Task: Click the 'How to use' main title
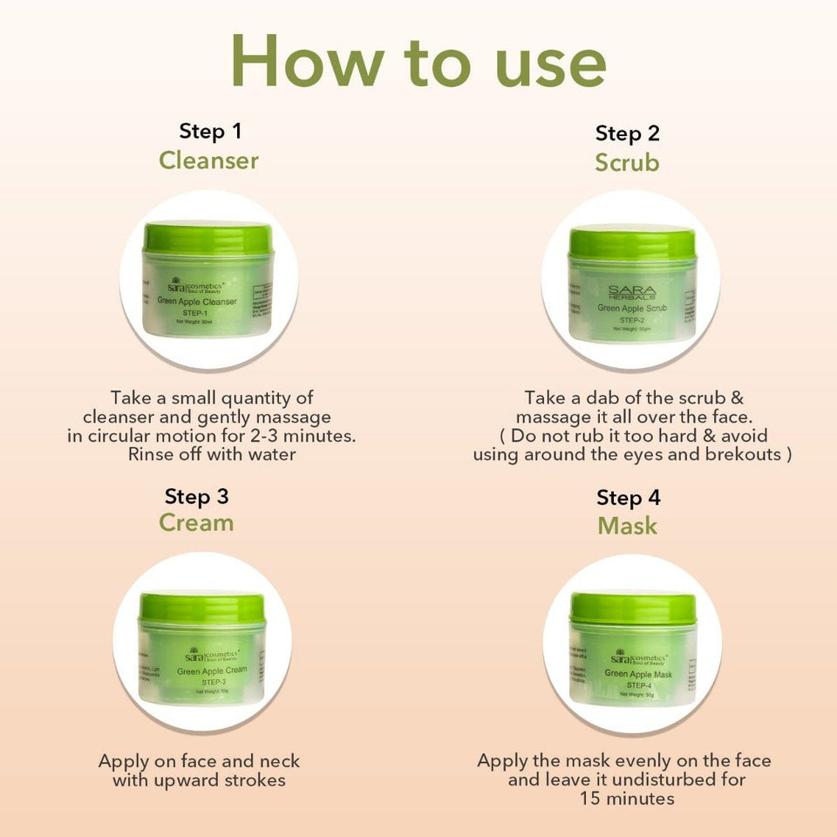[x=418, y=61]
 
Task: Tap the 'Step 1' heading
[x=209, y=132]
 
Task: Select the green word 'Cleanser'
[x=208, y=160]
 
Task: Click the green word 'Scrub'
[x=627, y=163]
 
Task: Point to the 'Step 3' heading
[x=196, y=496]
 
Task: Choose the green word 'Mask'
[x=627, y=526]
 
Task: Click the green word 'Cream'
[x=196, y=522]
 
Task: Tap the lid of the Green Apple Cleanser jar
[x=208, y=238]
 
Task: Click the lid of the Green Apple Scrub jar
[x=631, y=242]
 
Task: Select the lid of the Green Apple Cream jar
[x=202, y=609]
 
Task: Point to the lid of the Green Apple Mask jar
[x=633, y=608]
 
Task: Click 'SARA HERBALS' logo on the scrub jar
[x=632, y=293]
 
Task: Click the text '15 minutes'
[x=627, y=799]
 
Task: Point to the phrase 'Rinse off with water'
[x=212, y=454]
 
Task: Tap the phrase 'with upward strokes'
[x=199, y=779]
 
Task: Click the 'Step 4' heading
[x=628, y=498]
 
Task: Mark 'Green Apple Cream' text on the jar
[x=212, y=671]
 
